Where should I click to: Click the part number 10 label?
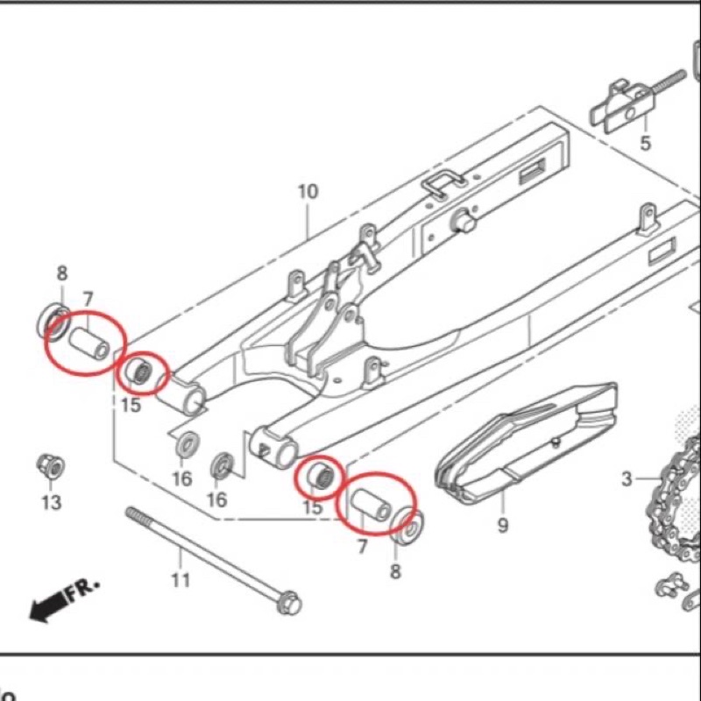pyautogui.click(x=308, y=191)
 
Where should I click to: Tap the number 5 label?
pyautogui.click(x=646, y=143)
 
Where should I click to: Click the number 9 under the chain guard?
pyautogui.click(x=503, y=526)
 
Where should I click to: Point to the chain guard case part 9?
pyautogui.click(x=526, y=443)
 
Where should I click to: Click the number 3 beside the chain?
pyautogui.click(x=627, y=478)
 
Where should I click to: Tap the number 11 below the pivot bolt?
pyautogui.click(x=181, y=579)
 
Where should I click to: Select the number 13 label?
pyautogui.click(x=52, y=502)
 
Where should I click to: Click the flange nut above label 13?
pyautogui.click(x=49, y=466)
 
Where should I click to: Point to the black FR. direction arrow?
pyautogui.click(x=48, y=605)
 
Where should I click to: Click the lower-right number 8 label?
pyautogui.click(x=395, y=571)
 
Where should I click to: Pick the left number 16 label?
pyautogui.click(x=181, y=478)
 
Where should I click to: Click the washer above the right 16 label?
pyautogui.click(x=223, y=464)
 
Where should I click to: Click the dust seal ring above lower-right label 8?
pyautogui.click(x=404, y=525)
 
